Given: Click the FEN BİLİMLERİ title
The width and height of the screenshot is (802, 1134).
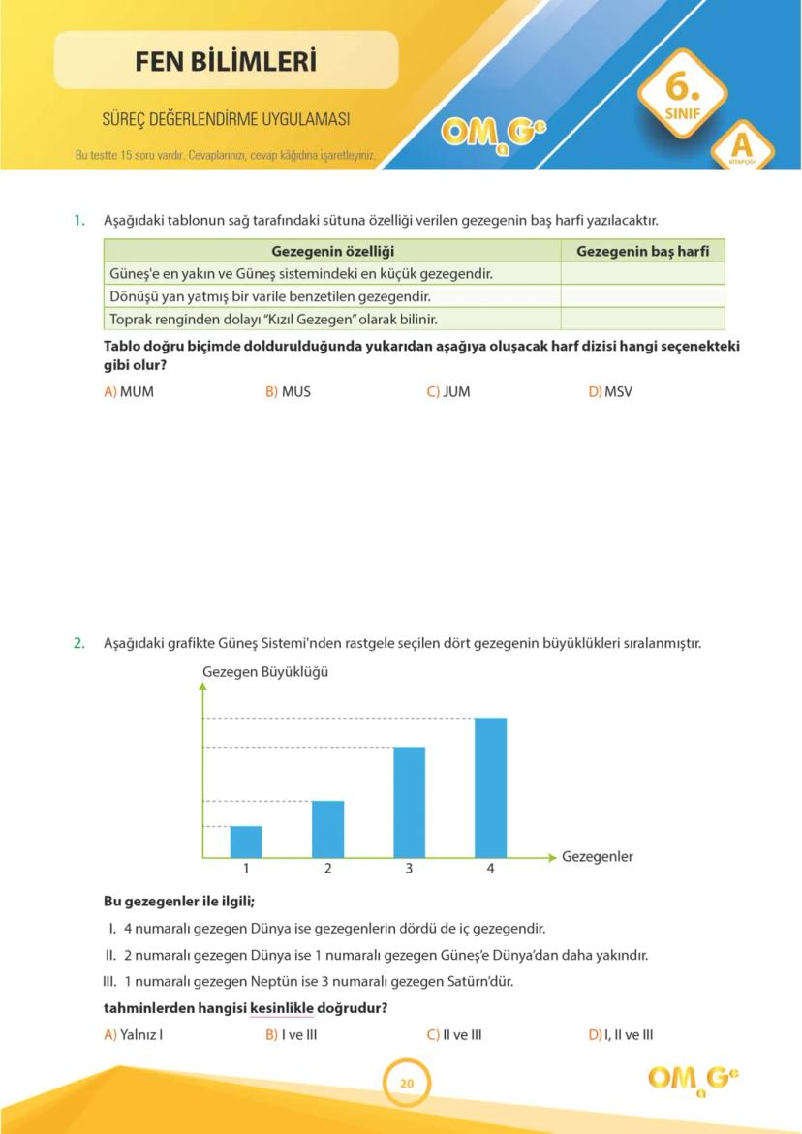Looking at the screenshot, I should pos(226,62).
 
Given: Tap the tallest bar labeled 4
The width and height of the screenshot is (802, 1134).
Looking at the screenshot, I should pos(490,786).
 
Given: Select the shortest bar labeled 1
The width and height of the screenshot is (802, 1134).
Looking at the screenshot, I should pos(246,842).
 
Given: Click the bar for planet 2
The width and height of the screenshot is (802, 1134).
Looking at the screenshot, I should pos(327,829).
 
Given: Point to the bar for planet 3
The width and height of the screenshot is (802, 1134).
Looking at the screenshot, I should pos(409,802).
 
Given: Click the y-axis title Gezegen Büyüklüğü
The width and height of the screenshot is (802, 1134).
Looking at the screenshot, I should pos(264,671).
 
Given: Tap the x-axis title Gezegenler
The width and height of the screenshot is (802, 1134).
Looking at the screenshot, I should pos(597,857).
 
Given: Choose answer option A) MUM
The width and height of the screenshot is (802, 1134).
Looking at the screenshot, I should pos(129,392).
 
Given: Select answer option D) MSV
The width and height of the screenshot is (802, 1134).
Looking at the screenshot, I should pos(610,392).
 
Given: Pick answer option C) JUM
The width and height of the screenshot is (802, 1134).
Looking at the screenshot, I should pos(448,392).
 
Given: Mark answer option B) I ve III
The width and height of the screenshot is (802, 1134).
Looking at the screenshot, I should pos(292,1034).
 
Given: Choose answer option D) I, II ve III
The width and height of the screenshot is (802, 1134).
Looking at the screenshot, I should pos(621,1034).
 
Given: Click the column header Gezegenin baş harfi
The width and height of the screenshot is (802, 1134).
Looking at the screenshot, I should pos(642,252).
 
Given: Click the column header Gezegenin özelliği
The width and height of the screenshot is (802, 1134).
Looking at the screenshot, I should pos(332,252).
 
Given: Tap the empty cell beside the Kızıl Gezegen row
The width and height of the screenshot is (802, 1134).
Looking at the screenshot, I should pos(642,319).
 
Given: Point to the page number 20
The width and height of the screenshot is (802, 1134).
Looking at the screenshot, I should pos(407,1084).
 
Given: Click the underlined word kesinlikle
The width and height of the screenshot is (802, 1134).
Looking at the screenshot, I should pos(282,1008).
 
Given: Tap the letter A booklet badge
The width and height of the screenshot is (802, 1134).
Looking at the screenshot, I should pos(742,145).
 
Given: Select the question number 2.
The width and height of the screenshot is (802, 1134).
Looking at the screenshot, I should pos(79,642).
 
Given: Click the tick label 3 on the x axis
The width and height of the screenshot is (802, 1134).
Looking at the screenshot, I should pos(409,869).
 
